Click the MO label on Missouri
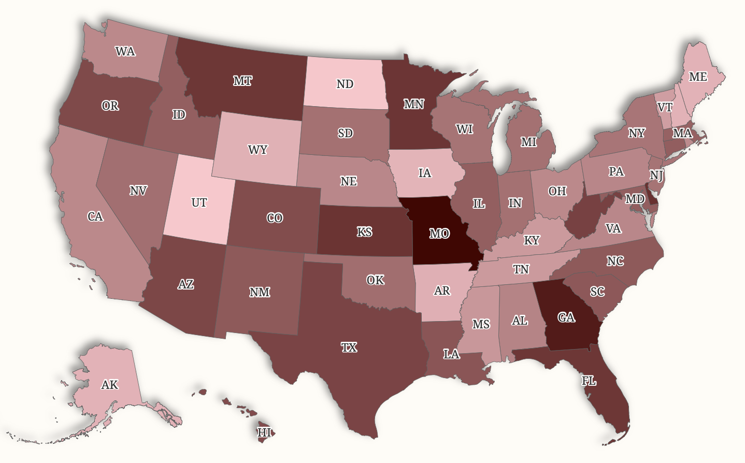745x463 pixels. pos(439,234)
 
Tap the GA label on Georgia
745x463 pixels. pos(566,317)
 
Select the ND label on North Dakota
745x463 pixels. pos(345,84)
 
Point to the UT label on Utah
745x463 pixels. pos(199,202)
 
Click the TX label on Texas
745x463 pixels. pos(349,347)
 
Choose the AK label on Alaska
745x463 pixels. pos(110,385)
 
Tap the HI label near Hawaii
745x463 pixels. pos(264,432)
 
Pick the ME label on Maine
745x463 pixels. pos(698,77)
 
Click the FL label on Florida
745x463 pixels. pos(589,381)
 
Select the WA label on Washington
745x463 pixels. pos(125,51)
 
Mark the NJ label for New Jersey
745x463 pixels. pos(656,175)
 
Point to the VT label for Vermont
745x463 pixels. pos(665,107)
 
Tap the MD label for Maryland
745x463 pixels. pos(635,199)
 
